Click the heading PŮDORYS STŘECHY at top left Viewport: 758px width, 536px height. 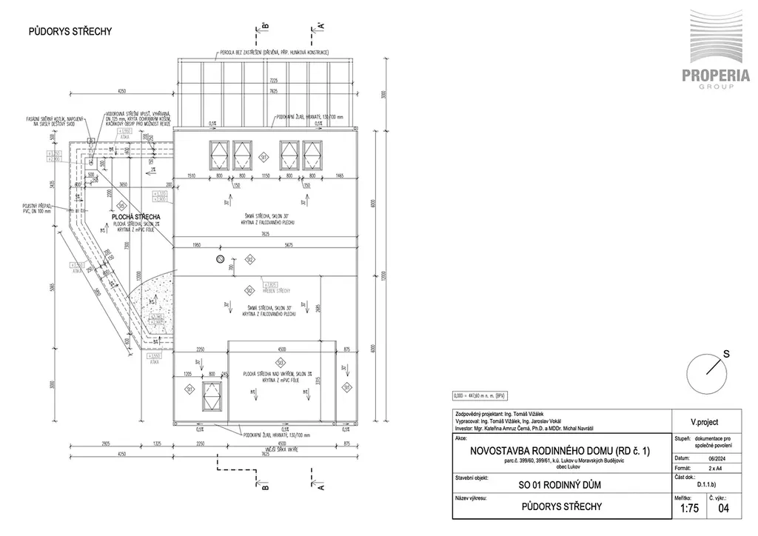pos(70,31)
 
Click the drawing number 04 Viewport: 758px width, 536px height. pos(724,508)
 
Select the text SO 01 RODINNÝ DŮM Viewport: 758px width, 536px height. pos(559,484)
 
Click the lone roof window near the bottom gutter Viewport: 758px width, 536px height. pos(212,394)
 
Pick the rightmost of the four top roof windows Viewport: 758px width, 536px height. pos(312,154)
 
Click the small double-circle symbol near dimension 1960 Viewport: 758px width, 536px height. pos(219,258)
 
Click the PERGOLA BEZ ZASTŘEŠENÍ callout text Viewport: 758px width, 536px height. pos(273,53)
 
